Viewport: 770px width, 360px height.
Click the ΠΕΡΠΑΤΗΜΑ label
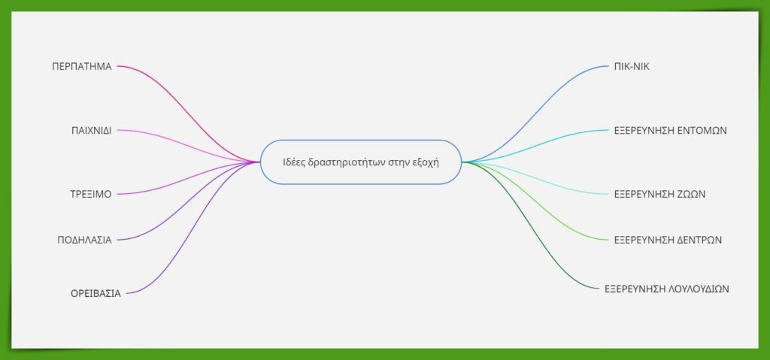click(82, 66)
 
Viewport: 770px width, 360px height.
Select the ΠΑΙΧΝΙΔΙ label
click(91, 131)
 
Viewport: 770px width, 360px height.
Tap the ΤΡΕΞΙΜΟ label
click(91, 194)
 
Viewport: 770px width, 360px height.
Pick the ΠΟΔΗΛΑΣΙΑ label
click(84, 241)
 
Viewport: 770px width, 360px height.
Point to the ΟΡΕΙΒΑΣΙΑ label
click(95, 294)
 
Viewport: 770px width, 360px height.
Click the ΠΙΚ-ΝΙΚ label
click(632, 66)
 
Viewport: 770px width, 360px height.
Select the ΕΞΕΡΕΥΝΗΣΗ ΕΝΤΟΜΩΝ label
click(670, 131)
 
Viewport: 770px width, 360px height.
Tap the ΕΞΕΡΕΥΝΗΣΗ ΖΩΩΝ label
click(659, 194)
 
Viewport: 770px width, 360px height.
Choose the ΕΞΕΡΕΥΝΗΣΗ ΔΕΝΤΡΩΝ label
click(668, 241)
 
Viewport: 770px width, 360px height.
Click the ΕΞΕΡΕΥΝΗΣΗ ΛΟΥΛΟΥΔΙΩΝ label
click(667, 289)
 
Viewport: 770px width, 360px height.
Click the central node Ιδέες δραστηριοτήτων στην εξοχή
click(361, 162)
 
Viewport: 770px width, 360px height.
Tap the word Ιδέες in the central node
click(293, 162)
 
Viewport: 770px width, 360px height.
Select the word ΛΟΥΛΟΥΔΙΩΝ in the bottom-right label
click(699, 289)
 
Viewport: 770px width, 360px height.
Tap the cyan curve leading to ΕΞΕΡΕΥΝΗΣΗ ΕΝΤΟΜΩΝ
click(535, 145)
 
